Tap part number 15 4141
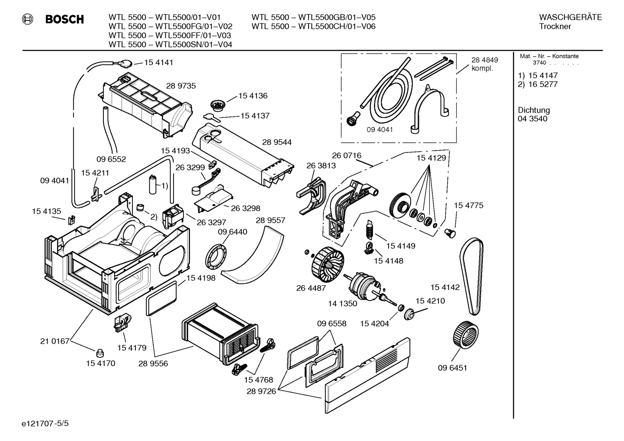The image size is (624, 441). [x=158, y=62]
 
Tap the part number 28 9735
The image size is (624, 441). [x=181, y=86]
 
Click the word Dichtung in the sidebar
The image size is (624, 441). [x=534, y=110]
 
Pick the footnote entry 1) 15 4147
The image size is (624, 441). [x=537, y=76]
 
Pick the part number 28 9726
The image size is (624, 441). [x=261, y=391]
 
